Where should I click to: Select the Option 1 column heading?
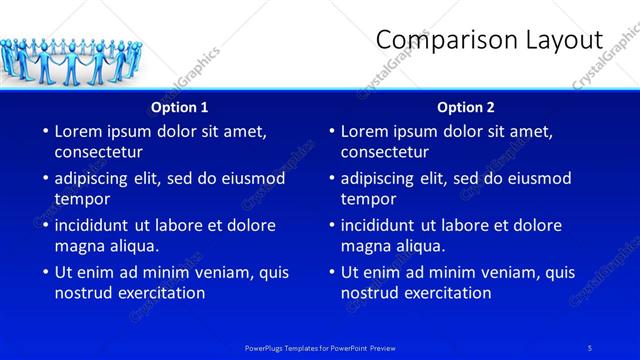coord(180,107)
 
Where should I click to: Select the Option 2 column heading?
coord(466,107)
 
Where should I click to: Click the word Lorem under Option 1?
coord(79,131)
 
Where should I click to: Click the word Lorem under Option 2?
coord(365,131)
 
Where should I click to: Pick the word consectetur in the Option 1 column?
coord(98,152)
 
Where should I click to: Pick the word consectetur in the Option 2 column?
coord(384,152)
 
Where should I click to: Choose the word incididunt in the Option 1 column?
coord(97,225)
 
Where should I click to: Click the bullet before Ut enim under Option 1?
coord(44,272)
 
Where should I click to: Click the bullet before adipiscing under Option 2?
coord(330,179)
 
